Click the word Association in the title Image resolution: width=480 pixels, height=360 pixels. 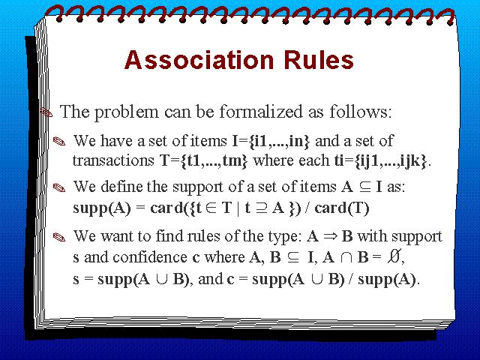[199, 59]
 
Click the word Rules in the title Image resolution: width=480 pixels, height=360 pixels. [319, 59]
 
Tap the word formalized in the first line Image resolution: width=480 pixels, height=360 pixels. [261, 112]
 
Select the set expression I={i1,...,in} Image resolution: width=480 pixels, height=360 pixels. [271, 141]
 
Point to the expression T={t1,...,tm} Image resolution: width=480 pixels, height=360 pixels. [203, 160]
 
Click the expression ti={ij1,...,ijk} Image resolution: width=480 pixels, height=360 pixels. [380, 160]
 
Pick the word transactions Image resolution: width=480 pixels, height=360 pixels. [113, 160]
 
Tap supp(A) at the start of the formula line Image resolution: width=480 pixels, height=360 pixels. [102, 208]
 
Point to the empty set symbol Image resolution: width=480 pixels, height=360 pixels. [394, 256]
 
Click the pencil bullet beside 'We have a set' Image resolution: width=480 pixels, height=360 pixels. [59, 142]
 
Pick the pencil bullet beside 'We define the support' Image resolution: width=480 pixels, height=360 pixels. [59, 187]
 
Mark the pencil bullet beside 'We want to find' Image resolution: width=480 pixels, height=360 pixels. [59, 237]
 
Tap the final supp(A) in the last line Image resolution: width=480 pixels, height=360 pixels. [387, 279]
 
